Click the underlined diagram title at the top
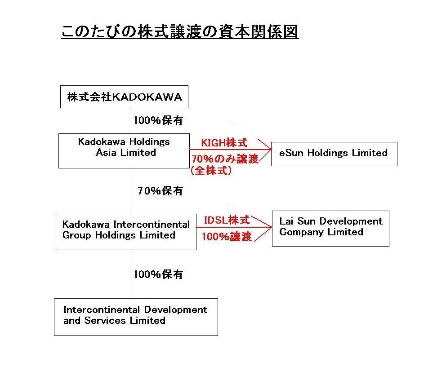coord(180,31)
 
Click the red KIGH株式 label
coord(224,143)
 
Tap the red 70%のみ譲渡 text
coord(225,159)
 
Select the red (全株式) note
coord(211,171)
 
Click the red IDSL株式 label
coord(227,220)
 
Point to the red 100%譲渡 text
coord(227,236)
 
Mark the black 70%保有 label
coord(160,191)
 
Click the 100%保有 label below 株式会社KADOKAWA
coord(158,120)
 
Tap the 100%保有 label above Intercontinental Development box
coord(158,274)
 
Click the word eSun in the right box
coord(291,153)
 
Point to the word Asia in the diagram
coord(106,153)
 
